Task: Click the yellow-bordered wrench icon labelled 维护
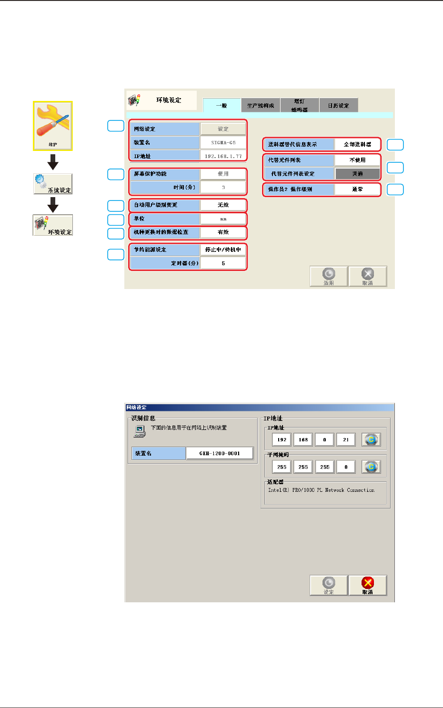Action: (x=52, y=126)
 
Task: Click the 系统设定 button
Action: (x=53, y=184)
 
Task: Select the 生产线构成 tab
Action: (x=261, y=105)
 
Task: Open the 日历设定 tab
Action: (x=338, y=105)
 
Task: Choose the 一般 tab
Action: (x=221, y=105)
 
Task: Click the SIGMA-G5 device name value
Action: (x=223, y=142)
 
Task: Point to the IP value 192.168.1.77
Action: (x=223, y=156)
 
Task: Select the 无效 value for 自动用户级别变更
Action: (x=223, y=205)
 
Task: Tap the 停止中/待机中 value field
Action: (x=223, y=249)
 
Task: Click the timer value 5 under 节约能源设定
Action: (x=223, y=263)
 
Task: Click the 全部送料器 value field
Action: (x=357, y=144)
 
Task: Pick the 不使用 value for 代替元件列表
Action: (x=357, y=160)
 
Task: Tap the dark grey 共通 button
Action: (x=357, y=174)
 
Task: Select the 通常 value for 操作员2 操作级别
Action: (x=357, y=189)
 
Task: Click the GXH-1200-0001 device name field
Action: (x=220, y=453)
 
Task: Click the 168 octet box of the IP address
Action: (x=303, y=439)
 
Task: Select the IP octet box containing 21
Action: (x=346, y=439)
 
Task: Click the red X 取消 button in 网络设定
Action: (x=367, y=585)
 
